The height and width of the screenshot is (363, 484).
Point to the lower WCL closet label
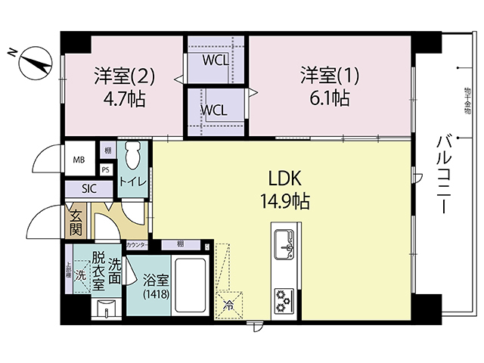(x=213, y=109)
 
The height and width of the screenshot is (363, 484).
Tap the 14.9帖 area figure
(x=285, y=202)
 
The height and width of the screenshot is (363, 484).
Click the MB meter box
(x=79, y=160)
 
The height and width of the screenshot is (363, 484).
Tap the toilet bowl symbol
(x=132, y=157)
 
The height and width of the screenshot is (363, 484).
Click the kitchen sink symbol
(x=286, y=242)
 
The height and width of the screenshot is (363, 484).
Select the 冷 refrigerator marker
(x=228, y=306)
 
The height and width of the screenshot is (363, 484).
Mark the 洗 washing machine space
(x=80, y=275)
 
